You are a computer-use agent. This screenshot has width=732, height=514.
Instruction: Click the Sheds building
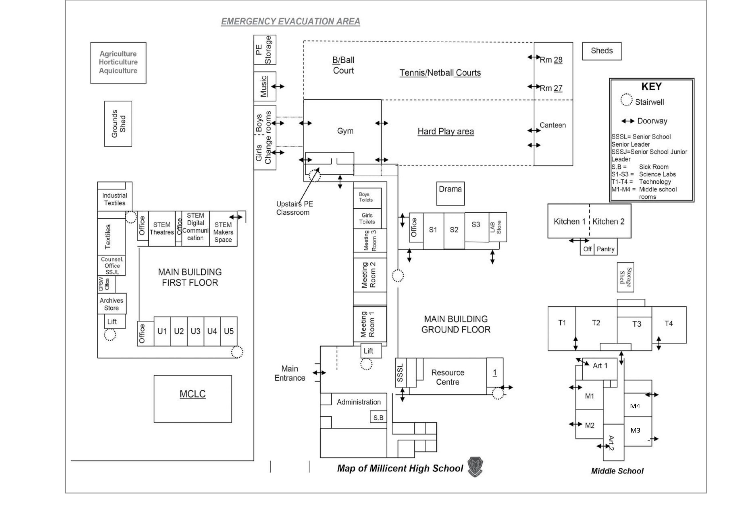[x=602, y=51]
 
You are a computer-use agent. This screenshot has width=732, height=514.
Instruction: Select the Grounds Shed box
[x=118, y=124]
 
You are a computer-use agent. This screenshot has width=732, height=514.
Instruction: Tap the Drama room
[x=450, y=194]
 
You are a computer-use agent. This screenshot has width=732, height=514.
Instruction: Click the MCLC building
[x=192, y=399]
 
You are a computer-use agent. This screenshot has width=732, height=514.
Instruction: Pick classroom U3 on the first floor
[x=195, y=331]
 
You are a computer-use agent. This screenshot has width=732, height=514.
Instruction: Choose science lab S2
[x=454, y=231]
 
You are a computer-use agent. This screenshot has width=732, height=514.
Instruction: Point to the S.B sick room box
[x=378, y=417]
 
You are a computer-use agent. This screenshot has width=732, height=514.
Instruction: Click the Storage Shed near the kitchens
[x=625, y=277]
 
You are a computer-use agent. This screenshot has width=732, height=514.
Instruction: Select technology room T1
[x=562, y=328]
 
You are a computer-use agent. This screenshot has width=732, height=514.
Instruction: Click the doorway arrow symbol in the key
[x=628, y=121]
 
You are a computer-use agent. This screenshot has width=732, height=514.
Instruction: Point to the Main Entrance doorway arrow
[x=319, y=372]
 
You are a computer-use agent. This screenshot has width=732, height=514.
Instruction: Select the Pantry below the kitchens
[x=605, y=249]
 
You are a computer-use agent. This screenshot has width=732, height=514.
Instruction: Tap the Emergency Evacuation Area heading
[x=291, y=21]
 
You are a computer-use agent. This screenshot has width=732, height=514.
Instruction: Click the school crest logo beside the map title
[x=475, y=467]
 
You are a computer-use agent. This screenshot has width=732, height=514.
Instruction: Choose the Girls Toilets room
[x=367, y=219]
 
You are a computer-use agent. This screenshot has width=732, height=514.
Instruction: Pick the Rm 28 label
[x=551, y=60]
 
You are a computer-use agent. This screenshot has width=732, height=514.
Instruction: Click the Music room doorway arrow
[x=277, y=86]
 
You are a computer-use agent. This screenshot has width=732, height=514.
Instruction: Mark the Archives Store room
[x=112, y=304]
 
